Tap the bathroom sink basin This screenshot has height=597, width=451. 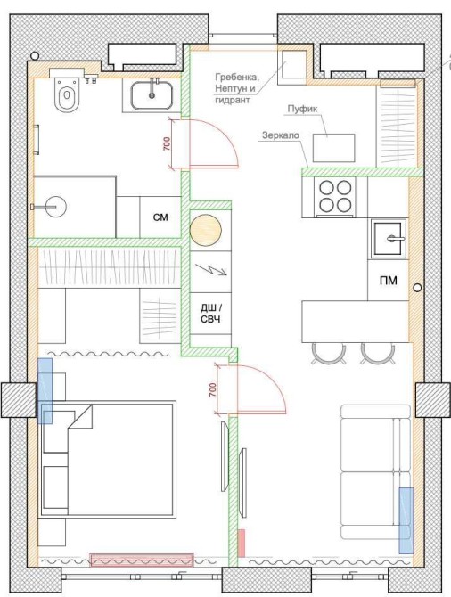152,95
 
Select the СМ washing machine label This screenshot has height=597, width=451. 160,217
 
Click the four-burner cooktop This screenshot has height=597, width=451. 335,196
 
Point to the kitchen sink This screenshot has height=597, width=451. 388,239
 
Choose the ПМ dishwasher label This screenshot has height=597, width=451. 388,281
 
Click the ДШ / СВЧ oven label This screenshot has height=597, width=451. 210,314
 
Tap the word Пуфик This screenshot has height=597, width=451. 302,109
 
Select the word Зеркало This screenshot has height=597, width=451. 281,135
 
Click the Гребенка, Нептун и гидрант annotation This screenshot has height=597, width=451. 237,88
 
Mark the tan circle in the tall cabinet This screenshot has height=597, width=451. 206,230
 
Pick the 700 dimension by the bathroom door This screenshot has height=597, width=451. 167,143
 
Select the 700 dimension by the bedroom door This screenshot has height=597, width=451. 213,389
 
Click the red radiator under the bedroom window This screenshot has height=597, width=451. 142,560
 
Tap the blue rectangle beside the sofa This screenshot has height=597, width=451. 406,520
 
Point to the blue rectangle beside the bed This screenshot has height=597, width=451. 45,390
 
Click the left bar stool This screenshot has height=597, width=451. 329,354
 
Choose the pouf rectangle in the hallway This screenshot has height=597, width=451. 333,148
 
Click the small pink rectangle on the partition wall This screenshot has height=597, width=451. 242,544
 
